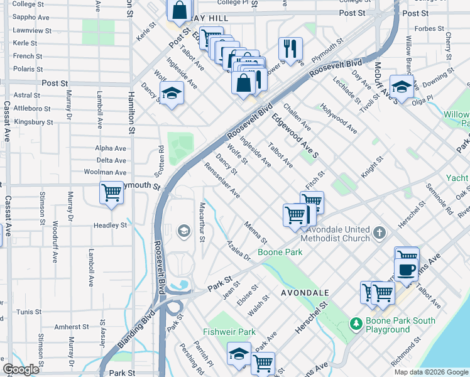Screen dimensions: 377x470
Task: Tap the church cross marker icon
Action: [378, 233]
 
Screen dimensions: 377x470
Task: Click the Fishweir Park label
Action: [229, 332]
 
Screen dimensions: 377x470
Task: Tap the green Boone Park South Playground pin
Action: [356, 324]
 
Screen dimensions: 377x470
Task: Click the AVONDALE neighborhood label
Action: [305, 293]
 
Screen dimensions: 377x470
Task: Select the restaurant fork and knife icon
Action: [290, 49]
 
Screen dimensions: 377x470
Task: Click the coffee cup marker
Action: [407, 269]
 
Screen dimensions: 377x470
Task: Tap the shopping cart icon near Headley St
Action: [112, 193]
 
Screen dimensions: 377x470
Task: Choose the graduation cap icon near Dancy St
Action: [171, 94]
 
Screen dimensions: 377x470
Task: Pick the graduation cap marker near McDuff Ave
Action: [402, 86]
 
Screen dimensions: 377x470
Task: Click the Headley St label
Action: [111, 225]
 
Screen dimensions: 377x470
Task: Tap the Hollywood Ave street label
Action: [339, 119]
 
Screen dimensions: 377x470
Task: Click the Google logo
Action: [21, 369]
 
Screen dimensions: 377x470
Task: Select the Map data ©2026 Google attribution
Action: [430, 372]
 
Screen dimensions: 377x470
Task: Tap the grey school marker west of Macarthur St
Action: [183, 231]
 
